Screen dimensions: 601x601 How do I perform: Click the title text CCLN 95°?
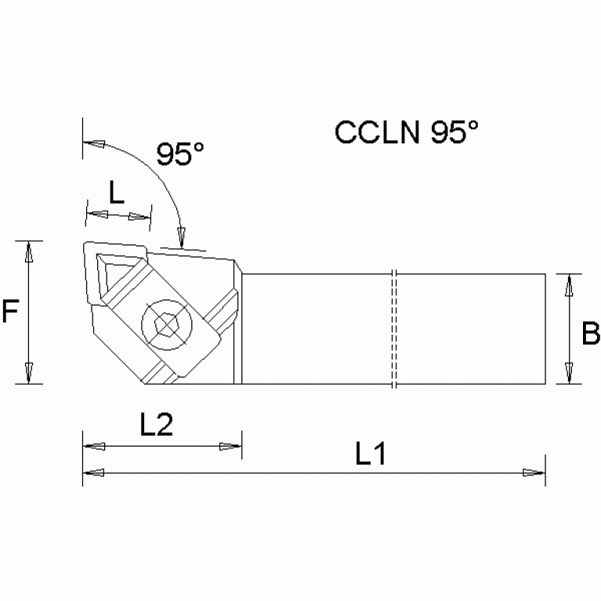point(406,132)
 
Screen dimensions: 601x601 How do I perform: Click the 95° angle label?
point(179,154)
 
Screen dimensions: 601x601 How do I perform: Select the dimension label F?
point(10,313)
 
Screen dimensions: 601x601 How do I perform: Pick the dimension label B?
point(590,335)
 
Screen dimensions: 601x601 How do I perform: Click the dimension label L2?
point(156,425)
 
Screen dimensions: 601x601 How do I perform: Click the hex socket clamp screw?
point(166,323)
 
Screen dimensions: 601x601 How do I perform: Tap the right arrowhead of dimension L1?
point(534,472)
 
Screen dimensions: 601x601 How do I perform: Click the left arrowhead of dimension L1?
point(92,472)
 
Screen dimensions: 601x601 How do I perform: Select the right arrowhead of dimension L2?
point(231,447)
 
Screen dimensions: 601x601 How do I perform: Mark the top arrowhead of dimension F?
point(29,252)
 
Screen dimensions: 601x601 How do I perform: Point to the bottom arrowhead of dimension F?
point(29,374)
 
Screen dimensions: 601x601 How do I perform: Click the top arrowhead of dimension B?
point(570,284)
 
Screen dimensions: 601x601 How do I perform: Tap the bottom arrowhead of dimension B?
point(570,374)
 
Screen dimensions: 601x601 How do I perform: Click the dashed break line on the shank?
point(395,329)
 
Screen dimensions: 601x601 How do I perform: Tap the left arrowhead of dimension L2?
point(92,447)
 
